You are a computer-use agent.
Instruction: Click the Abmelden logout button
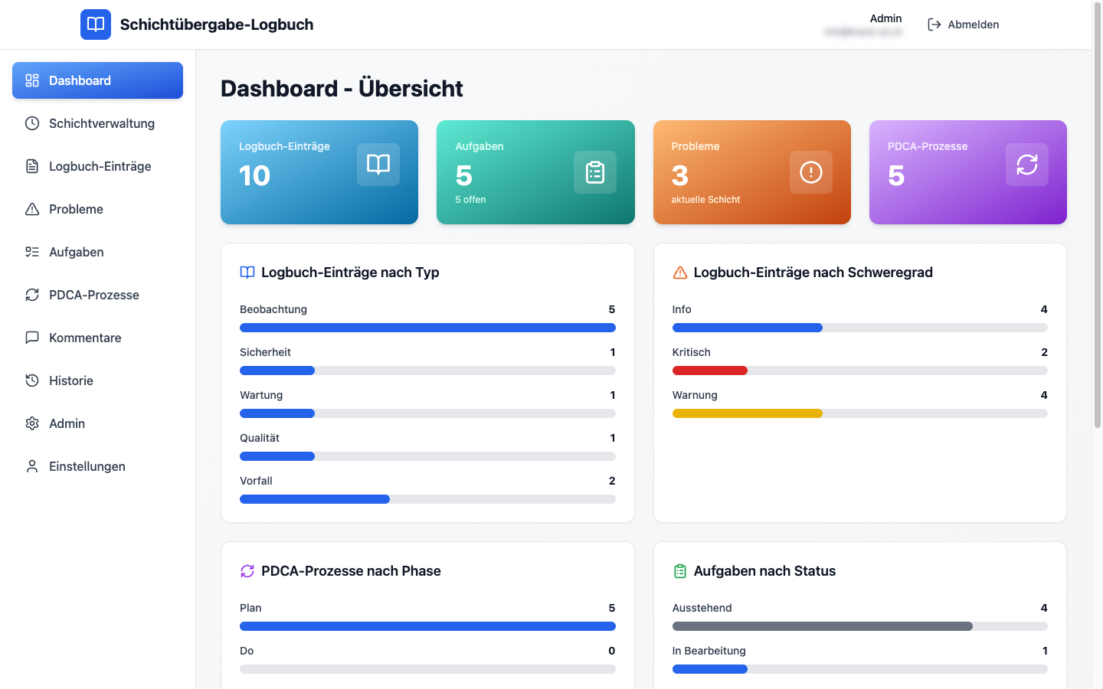[963, 24]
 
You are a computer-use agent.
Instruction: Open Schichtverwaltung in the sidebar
[101, 123]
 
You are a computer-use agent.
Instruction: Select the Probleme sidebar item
[75, 209]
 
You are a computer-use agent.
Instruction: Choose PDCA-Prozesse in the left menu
[93, 295]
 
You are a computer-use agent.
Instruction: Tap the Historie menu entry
[70, 380]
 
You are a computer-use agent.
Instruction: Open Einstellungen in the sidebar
[87, 466]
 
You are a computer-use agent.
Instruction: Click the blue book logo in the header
[96, 24]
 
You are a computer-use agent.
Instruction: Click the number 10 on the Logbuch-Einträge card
[254, 176]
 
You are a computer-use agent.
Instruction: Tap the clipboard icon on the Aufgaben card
[595, 172]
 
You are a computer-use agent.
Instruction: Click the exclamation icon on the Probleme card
[810, 172]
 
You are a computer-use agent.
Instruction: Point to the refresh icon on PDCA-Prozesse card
[1026, 165]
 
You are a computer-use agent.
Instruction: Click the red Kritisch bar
[709, 371]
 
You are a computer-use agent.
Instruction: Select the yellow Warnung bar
[747, 413]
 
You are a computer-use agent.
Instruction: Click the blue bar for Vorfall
[314, 499]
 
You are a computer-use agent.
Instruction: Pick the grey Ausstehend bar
[822, 626]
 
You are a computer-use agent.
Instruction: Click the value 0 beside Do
[611, 651]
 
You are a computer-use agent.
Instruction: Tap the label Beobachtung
[273, 309]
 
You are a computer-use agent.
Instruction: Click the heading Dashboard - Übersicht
[342, 89]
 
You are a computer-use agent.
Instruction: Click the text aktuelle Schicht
[705, 200]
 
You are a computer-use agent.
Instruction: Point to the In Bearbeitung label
[709, 651]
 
